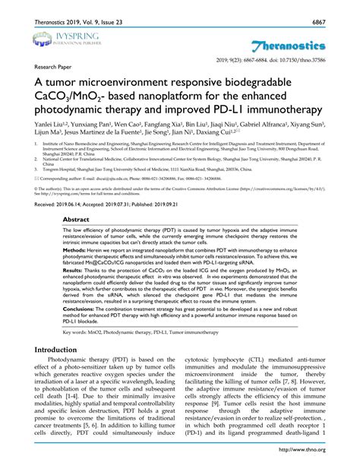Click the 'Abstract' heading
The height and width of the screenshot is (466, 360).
pos(79,217)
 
